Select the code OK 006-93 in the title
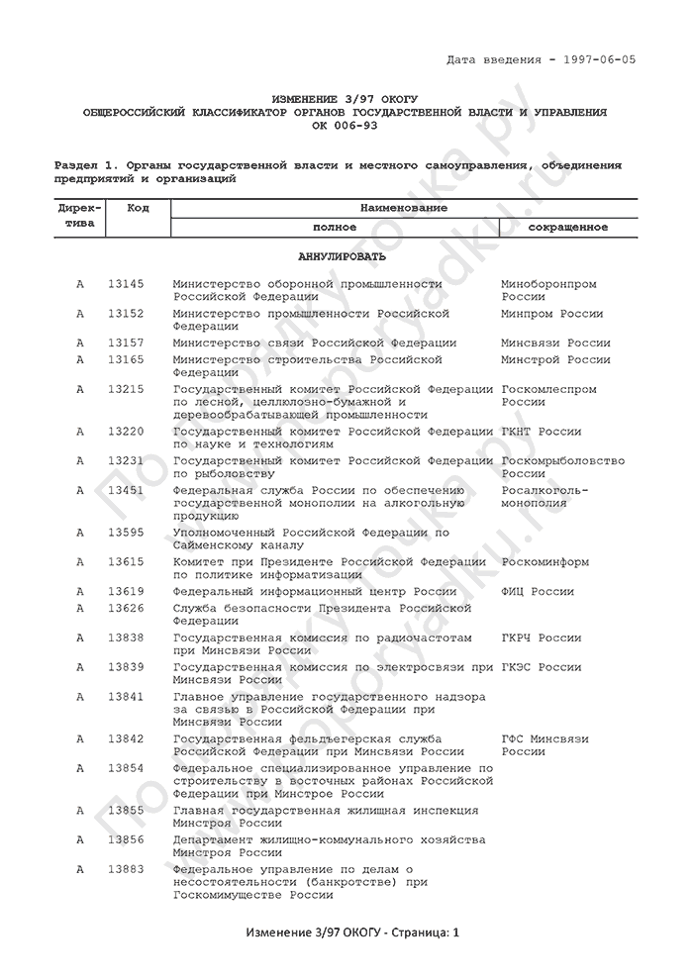(345, 126)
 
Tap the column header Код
(139, 208)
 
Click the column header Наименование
(404, 208)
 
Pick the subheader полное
(335, 227)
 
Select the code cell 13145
(126, 284)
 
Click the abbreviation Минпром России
(551, 314)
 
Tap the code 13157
(126, 343)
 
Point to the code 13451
(126, 490)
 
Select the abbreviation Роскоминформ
(544, 562)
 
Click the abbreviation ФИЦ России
(538, 591)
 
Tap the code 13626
(126, 607)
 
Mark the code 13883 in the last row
(126, 869)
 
